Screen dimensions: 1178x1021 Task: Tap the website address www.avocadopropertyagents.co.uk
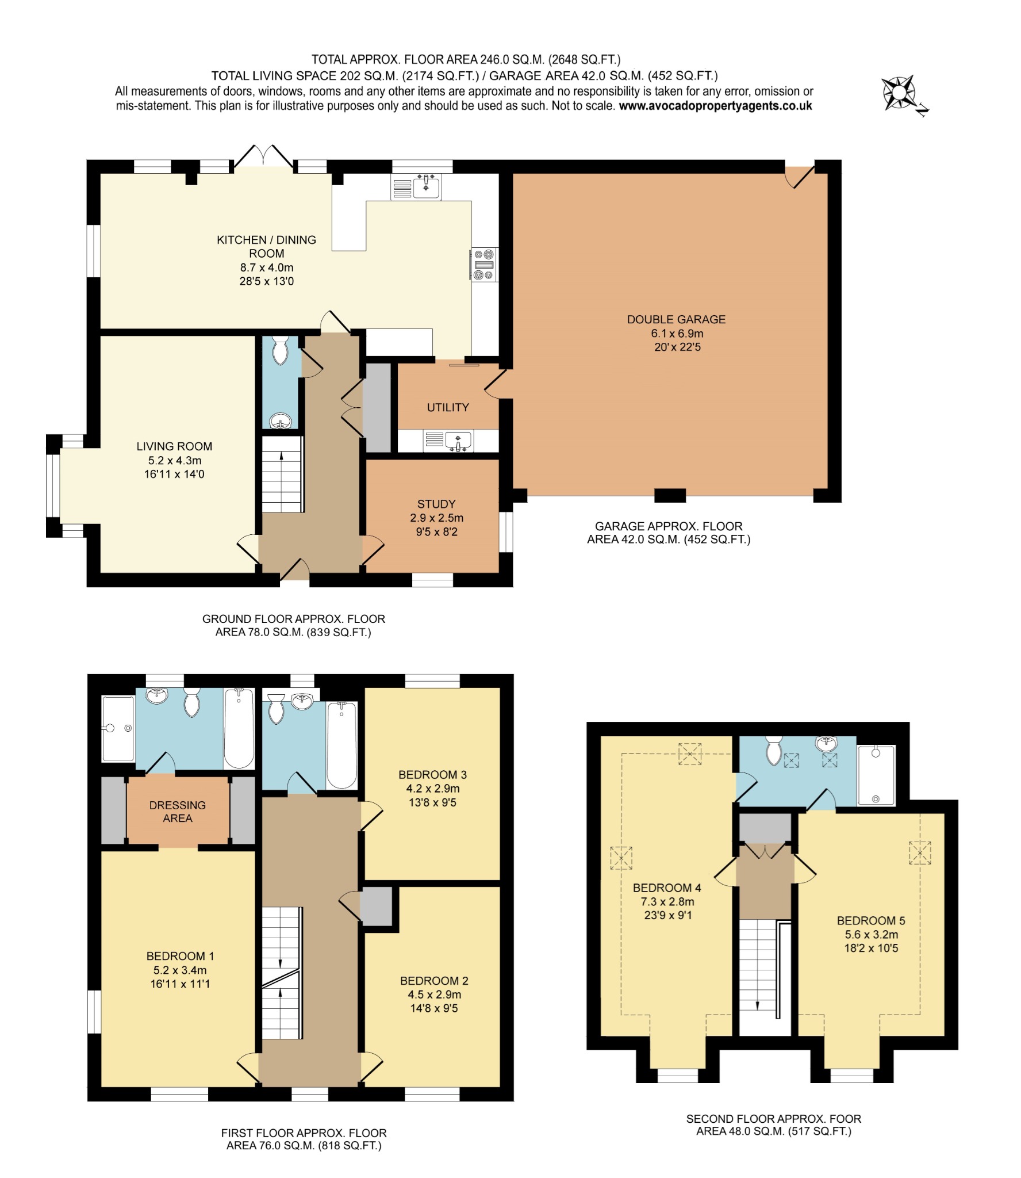coord(715,106)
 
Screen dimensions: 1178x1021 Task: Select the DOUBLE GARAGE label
coord(676,319)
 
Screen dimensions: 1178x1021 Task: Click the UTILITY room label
coord(448,407)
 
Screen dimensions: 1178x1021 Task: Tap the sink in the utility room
coord(457,441)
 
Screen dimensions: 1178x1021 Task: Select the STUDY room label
coord(436,504)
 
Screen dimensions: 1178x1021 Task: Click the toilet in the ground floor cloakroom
coord(281,351)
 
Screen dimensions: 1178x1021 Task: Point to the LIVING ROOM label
coord(174,446)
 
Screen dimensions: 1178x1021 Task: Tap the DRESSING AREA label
coord(177,811)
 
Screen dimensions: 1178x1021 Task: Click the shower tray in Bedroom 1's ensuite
coord(118,728)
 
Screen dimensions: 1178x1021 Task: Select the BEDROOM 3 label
coord(429,775)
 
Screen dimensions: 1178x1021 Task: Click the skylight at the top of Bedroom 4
coord(690,754)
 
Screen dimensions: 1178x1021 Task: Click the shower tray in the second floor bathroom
coord(876,774)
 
